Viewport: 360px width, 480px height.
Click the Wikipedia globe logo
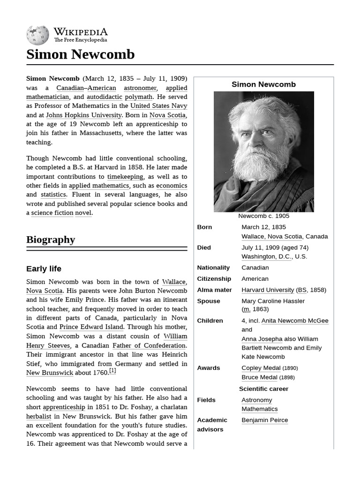click(37, 36)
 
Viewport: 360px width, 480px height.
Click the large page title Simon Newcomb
click(80, 54)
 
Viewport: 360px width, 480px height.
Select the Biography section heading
click(51, 240)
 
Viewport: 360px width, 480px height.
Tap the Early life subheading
click(44, 269)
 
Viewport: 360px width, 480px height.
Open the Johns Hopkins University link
click(83, 115)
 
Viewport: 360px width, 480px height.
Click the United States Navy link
click(158, 106)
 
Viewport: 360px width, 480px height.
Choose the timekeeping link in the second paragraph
click(125, 177)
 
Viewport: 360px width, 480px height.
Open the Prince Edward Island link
click(91, 327)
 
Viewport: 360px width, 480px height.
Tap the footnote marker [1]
click(112, 371)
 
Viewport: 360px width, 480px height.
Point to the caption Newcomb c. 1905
click(263, 216)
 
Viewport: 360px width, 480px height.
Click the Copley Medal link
click(261, 368)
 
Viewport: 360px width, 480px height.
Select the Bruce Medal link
click(259, 377)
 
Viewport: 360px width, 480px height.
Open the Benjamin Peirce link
click(264, 420)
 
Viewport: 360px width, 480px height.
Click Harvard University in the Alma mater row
click(268, 290)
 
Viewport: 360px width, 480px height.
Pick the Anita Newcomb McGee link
click(294, 321)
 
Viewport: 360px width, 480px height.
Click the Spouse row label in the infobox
click(208, 301)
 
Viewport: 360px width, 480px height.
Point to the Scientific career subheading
click(263, 389)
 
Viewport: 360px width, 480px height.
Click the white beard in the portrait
click(260, 164)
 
